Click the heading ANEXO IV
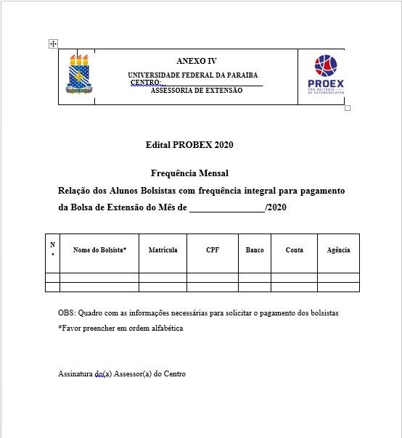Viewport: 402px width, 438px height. [x=196, y=62]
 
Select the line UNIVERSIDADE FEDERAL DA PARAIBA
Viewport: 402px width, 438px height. [x=192, y=75]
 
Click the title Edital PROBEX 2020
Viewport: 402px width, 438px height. [x=189, y=145]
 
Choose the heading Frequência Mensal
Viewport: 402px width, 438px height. [x=189, y=173]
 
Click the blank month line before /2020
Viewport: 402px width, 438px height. [x=226, y=209]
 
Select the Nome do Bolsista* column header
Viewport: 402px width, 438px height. [x=99, y=249]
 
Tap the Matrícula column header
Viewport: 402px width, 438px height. [x=163, y=249]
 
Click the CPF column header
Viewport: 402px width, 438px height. [x=212, y=249]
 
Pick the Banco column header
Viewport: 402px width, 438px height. [x=255, y=249]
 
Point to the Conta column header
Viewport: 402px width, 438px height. [x=295, y=249]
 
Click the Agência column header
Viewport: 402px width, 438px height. [x=338, y=249]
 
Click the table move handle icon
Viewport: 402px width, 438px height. [x=53, y=44]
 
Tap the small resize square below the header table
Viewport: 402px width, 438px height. [x=348, y=108]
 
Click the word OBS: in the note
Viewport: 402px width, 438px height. [x=67, y=313]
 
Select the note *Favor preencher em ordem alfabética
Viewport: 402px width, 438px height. [x=120, y=328]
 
